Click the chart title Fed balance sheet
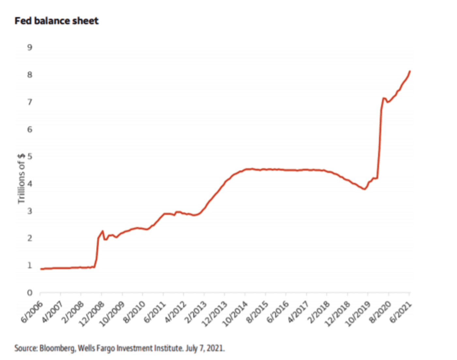tap(56, 21)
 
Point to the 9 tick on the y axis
tap(30, 47)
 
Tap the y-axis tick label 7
tap(30, 102)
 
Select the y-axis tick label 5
tap(30, 156)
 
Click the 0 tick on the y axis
tap(30, 293)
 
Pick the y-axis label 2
tap(30, 238)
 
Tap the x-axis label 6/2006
tap(32, 312)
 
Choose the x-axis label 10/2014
tap(235, 314)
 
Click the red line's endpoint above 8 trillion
tap(410, 71)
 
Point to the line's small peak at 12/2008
tap(102, 231)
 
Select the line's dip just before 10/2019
tap(364, 189)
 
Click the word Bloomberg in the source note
tap(57, 348)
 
